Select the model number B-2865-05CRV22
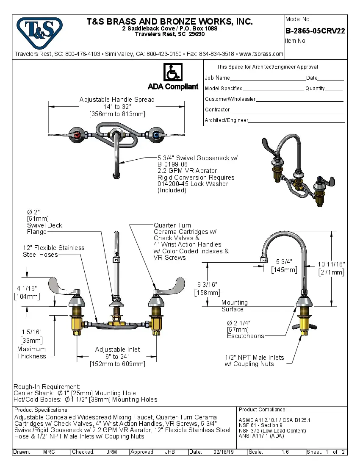click(315, 31)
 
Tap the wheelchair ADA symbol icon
click(173, 72)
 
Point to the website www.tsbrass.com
click(261, 54)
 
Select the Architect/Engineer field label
click(226, 120)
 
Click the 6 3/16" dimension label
click(207, 285)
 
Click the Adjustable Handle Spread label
click(117, 100)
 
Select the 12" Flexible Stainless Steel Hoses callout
click(53, 251)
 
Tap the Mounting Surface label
click(234, 305)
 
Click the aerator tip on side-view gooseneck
click(263, 260)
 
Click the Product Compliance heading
click(263, 410)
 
